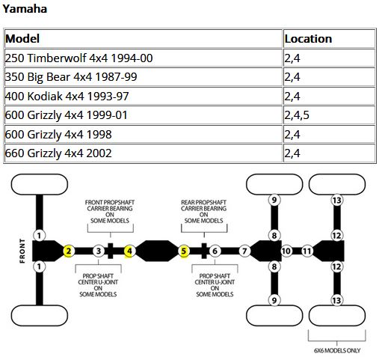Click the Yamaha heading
pos(25,9)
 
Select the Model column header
pos(22,39)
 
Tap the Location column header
pos(308,39)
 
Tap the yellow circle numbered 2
pos(69,251)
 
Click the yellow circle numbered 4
pos(129,251)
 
